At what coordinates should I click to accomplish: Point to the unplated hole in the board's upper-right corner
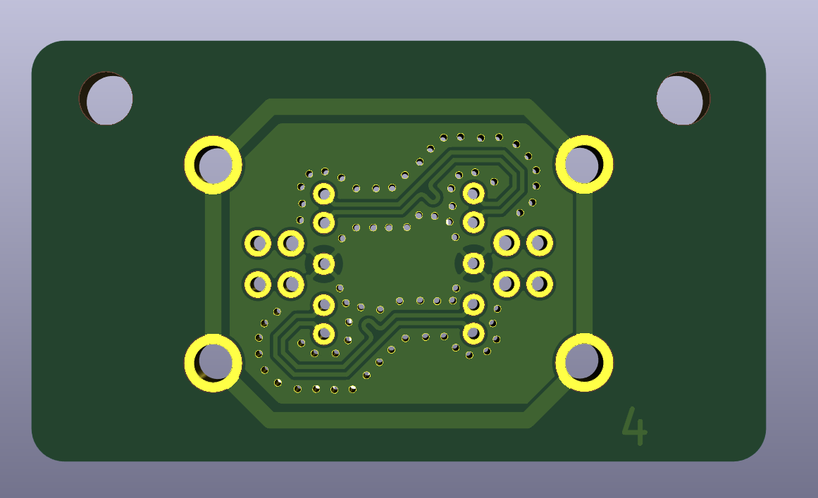click(683, 98)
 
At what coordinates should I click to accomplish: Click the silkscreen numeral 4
click(635, 426)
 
